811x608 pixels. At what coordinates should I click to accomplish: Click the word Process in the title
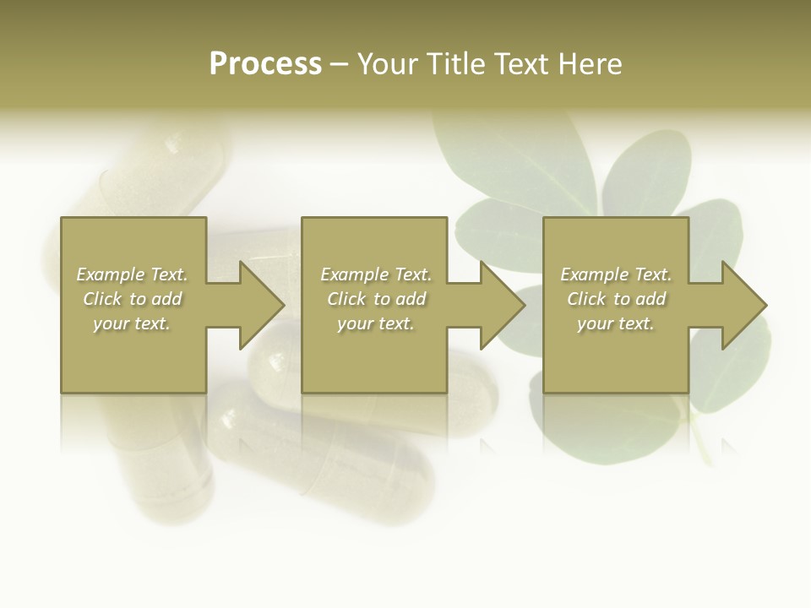265,64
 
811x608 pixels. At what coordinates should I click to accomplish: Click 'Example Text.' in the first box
132,274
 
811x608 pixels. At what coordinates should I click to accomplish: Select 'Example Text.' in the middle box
376,274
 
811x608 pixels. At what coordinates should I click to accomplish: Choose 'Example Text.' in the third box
616,274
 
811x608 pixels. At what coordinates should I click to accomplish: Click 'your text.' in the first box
132,323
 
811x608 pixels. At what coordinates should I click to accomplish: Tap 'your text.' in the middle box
376,323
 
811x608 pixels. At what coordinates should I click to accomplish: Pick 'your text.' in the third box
616,323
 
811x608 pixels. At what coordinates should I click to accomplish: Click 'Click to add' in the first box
132,299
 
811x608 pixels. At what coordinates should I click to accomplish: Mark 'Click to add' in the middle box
376,299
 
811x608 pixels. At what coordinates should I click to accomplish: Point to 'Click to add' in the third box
616,299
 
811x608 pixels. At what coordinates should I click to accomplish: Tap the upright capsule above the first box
161,169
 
